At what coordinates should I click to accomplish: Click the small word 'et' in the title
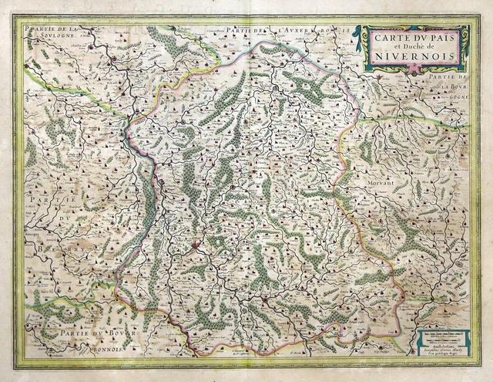point(389,45)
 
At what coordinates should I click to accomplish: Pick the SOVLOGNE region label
point(44,36)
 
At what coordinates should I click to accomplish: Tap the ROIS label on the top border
point(344,29)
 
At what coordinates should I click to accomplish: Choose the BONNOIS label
point(100,348)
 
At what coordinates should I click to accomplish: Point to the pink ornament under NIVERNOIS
point(417,69)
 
